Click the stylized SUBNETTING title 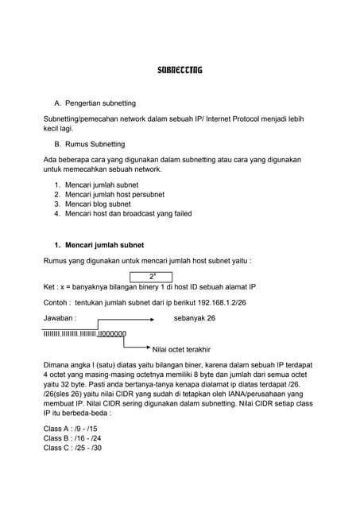180,70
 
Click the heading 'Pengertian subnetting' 100,103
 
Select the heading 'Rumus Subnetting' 95,144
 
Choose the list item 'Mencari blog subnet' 99,204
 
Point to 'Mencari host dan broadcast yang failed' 128,213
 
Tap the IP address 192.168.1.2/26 225,303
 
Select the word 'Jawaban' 58,318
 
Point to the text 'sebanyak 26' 194,318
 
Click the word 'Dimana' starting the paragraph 56,364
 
